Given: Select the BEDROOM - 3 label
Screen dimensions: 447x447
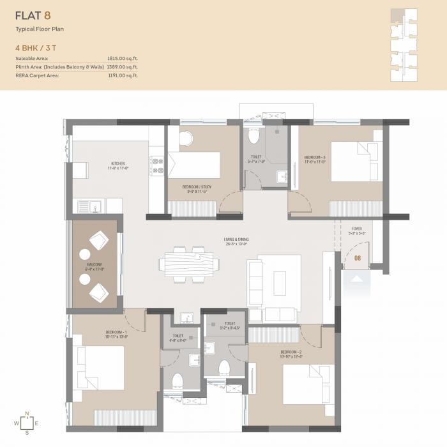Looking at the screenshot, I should tap(315, 159).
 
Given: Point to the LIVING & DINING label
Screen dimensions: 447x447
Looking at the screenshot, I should tap(236, 241).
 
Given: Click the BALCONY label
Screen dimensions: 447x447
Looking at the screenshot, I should tap(95, 266).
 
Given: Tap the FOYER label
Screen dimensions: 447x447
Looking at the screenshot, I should tap(357, 231).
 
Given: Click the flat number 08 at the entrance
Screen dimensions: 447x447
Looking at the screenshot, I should tap(358, 259).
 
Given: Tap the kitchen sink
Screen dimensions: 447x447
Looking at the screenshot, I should tap(89, 206).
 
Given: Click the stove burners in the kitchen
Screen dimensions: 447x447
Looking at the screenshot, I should tap(156, 165).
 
